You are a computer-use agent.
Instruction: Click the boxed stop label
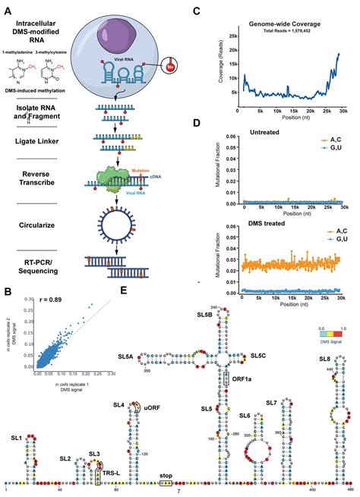click(x=167, y=477)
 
